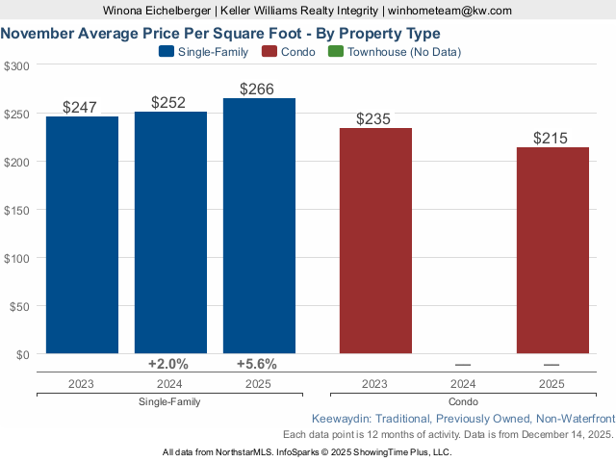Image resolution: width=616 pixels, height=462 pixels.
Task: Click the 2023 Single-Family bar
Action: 82,235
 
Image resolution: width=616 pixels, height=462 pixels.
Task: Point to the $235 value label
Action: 375,119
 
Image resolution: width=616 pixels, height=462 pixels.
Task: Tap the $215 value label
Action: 552,139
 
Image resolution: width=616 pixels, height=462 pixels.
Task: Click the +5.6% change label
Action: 257,364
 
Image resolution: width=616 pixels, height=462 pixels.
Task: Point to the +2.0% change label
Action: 168,364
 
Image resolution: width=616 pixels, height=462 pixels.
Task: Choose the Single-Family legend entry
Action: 203,51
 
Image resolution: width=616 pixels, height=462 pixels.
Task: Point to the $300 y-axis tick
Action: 16,65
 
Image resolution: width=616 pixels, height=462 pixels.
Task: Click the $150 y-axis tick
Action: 16,210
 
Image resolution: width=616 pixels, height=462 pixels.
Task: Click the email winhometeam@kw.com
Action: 449,11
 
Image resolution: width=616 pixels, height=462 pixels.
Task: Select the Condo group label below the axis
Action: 463,401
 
